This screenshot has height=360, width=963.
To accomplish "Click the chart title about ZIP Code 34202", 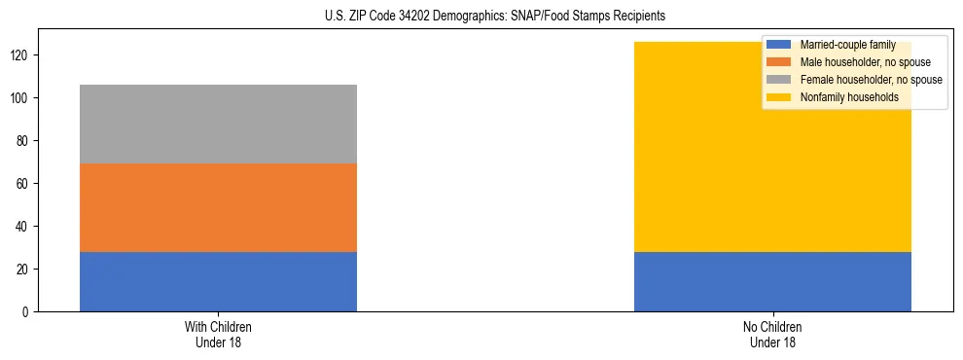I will click(495, 17).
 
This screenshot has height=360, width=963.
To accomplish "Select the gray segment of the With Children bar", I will click(218, 124).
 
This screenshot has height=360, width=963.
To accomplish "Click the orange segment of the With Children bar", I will click(218, 207).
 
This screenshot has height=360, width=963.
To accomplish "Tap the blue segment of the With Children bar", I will click(218, 281).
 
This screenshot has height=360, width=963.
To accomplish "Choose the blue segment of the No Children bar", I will click(772, 281).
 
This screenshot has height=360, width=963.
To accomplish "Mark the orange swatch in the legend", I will click(779, 62).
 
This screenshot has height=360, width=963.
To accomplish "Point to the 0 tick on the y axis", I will click(26, 311).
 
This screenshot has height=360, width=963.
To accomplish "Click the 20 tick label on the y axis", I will click(23, 269).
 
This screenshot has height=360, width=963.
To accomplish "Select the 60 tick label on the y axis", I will click(23, 184).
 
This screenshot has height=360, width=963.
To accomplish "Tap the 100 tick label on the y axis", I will click(20, 98).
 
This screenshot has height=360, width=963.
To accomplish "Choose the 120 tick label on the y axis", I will click(20, 55).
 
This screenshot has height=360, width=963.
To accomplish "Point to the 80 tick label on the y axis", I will click(23, 141).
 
